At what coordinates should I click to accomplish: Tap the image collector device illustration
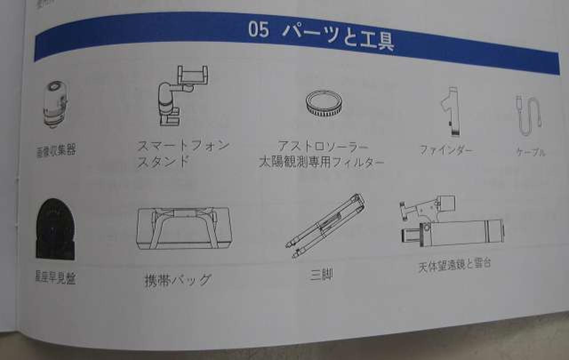click(x=56, y=104)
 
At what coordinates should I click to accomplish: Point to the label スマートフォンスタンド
click(x=182, y=153)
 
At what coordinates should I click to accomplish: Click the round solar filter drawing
click(x=324, y=103)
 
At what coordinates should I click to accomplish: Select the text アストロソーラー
click(x=323, y=146)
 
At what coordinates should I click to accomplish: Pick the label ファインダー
click(x=446, y=150)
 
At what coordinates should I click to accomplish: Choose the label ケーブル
click(x=530, y=152)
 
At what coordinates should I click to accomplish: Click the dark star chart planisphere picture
click(x=55, y=229)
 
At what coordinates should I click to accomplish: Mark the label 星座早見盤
click(x=56, y=278)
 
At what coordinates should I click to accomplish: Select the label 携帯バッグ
click(x=178, y=280)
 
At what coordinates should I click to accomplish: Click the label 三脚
click(x=321, y=274)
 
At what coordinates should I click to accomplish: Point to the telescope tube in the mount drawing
click(x=462, y=232)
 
